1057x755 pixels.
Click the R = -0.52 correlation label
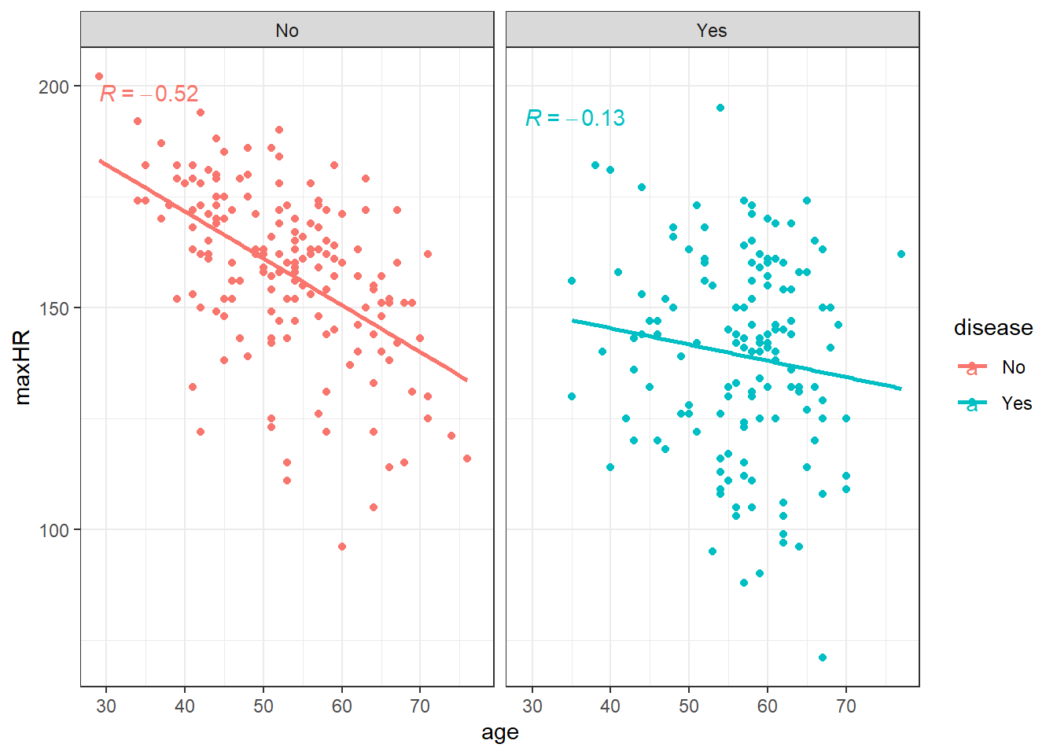point(149,94)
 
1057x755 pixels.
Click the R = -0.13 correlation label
point(575,119)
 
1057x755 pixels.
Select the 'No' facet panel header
point(287,31)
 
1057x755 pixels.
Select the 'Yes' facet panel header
point(712,31)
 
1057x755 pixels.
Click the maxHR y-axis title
point(22,367)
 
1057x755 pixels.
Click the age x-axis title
point(500,733)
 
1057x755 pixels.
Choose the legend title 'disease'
point(993,328)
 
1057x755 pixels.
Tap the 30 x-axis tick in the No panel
point(106,706)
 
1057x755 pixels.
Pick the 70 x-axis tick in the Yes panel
point(846,706)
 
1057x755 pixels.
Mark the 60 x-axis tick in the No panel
point(342,706)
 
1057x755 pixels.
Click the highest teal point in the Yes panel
point(720,108)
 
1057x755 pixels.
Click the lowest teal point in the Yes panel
point(823,657)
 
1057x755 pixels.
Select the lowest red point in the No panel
point(342,547)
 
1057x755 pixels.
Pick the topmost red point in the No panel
point(99,76)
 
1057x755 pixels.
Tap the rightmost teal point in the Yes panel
point(901,254)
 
